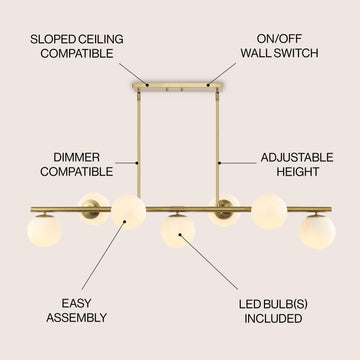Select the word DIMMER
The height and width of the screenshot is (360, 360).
(76, 157)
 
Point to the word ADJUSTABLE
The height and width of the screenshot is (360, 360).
(297, 157)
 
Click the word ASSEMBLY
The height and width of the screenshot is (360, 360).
(76, 318)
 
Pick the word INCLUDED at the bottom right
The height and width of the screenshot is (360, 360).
(273, 318)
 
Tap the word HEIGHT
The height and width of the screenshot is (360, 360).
(298, 172)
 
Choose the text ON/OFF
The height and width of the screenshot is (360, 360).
(279, 39)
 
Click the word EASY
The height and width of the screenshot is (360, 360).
(76, 303)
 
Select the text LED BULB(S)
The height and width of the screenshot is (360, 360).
(273, 304)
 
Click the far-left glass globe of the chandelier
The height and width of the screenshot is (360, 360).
(44, 231)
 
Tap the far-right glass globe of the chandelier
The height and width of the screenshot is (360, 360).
(317, 232)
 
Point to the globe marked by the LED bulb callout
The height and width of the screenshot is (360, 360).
(178, 231)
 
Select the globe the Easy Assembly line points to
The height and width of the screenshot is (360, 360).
(129, 212)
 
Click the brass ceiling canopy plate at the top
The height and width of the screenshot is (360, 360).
(177, 85)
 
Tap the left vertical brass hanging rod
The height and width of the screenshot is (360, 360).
(139, 143)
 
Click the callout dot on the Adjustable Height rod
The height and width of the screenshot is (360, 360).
(220, 163)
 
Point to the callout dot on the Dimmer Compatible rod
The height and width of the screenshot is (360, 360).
(137, 163)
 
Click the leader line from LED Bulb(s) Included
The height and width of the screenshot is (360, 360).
(209, 262)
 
